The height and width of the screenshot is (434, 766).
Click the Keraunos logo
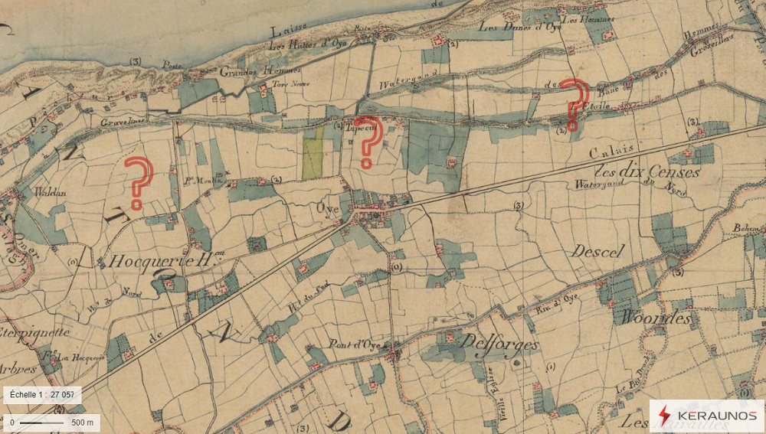tap(706, 415)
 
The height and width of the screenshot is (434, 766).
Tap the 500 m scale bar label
tap(82, 422)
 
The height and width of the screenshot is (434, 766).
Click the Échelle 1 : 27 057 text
tap(42, 395)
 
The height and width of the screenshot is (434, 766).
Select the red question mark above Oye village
tap(368, 142)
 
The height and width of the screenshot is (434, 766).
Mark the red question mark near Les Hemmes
tap(574, 103)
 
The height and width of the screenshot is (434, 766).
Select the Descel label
tap(598, 251)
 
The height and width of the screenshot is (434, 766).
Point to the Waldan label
tap(44, 194)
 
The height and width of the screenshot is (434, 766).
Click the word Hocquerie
tap(146, 261)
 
